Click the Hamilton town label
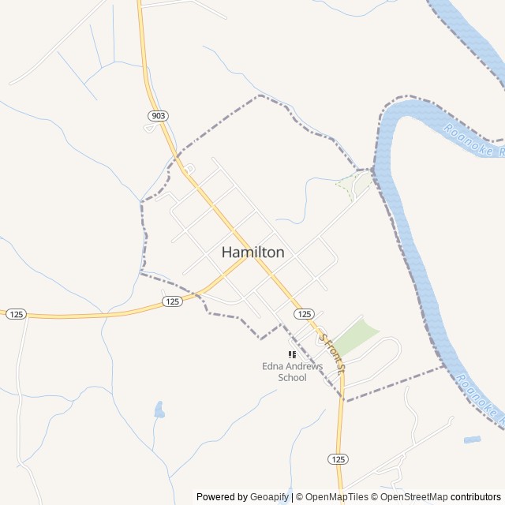pos(252,252)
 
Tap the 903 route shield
pos(158,116)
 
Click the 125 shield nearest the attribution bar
pos(338,459)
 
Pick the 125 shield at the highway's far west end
pos(17,314)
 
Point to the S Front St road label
pos(332,351)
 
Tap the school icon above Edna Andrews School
pos(292,355)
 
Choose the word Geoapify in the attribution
pos(269,497)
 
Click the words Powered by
pos(222,497)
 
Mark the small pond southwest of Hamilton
pos(159,410)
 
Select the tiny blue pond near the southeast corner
pos(472,439)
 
